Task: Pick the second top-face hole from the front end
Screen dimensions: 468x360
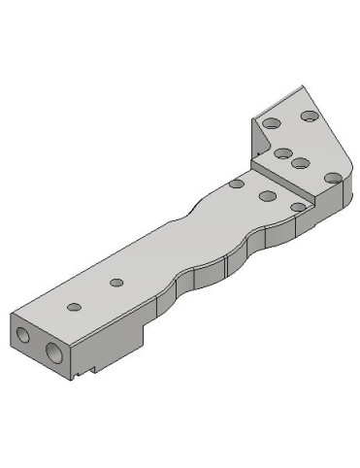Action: tap(116, 283)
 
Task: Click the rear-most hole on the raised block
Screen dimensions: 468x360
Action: tap(309, 117)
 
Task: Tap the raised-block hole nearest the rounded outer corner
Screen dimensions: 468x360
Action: tap(332, 178)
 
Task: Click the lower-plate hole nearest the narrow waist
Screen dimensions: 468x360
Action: tap(236, 183)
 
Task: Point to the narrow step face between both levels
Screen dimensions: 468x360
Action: tap(287, 184)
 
